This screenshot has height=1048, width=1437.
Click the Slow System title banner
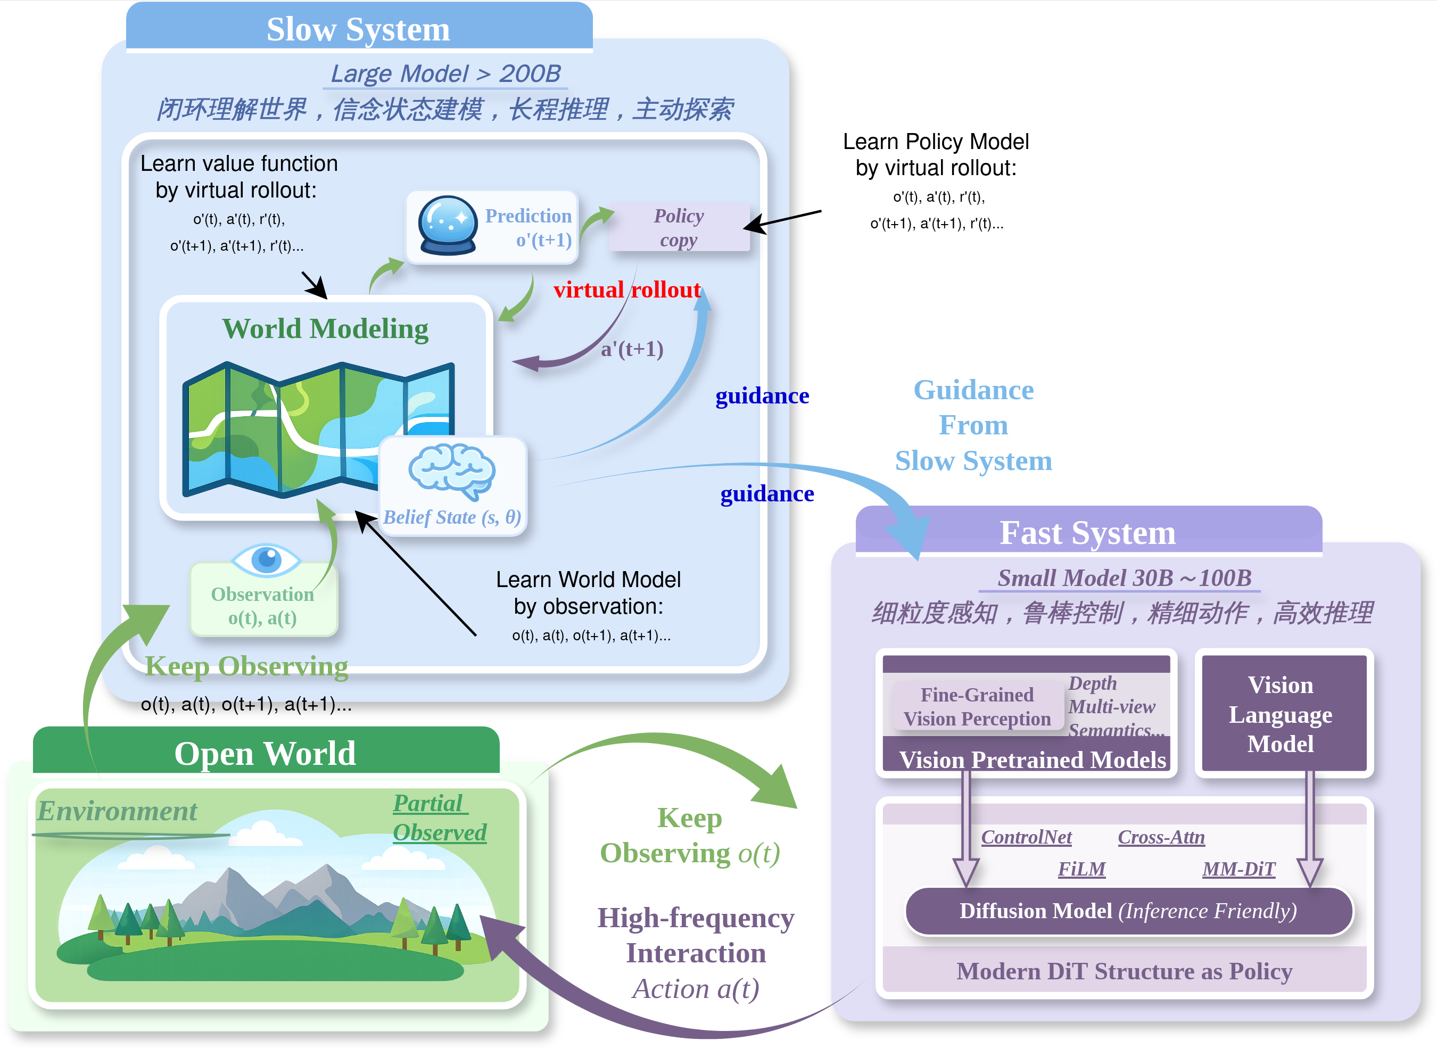point(359,29)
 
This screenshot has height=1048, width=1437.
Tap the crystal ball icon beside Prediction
point(447,226)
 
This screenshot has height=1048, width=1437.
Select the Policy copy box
point(679,228)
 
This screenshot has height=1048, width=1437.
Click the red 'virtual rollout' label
point(627,290)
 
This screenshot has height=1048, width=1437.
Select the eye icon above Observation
point(266,559)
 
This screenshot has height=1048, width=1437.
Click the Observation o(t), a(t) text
point(263,606)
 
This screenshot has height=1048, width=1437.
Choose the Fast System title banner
point(1087,532)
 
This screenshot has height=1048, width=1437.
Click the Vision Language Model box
point(1281,714)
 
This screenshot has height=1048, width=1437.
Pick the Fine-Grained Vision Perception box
point(977,707)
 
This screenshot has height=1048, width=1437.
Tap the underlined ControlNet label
point(1026,837)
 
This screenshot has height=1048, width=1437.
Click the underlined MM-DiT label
point(1238,869)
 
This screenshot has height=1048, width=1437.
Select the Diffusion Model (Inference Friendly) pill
point(1128,911)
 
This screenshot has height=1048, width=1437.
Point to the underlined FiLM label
point(1081,869)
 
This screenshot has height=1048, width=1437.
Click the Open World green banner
point(265,753)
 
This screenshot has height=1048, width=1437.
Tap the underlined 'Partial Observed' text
point(439,819)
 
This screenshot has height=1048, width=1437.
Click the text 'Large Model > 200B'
point(445,74)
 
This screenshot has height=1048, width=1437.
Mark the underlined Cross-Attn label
point(1161,837)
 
